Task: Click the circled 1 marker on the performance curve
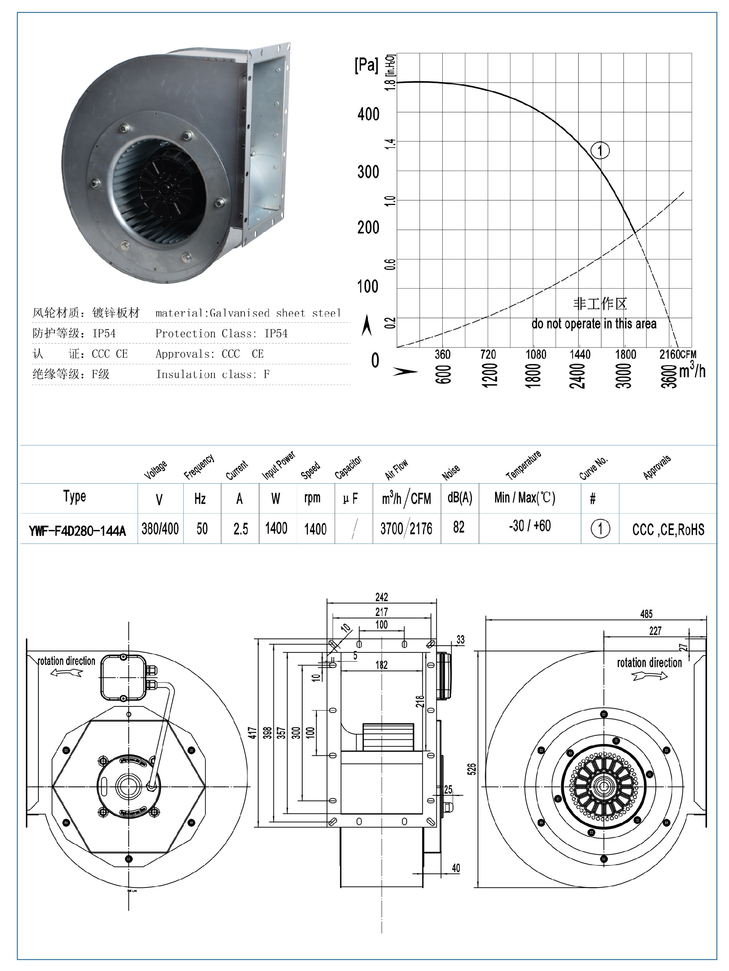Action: tap(600, 151)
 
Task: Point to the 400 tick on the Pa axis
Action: tap(368, 114)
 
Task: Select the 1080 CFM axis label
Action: tap(536, 354)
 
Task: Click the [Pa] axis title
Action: tap(366, 65)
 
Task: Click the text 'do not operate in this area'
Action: tap(594, 323)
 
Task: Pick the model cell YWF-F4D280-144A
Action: tap(77, 531)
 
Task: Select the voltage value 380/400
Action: tap(160, 528)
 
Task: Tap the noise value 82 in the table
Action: tap(459, 527)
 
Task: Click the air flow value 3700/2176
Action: tap(406, 528)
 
